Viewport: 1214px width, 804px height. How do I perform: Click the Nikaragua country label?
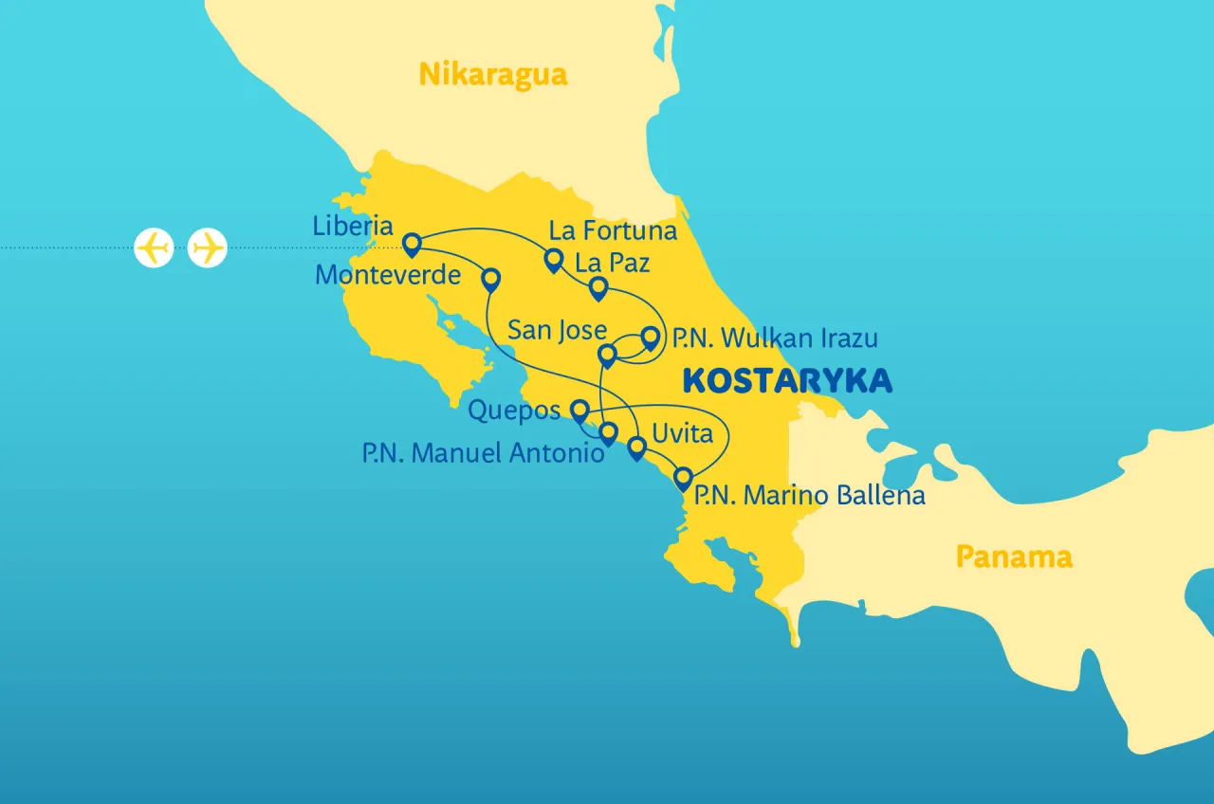click(493, 74)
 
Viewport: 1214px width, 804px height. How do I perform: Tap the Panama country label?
click(1013, 557)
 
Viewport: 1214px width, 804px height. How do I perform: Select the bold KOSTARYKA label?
click(787, 380)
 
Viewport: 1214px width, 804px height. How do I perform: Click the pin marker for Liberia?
click(412, 245)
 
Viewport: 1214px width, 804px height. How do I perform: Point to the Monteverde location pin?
click(490, 278)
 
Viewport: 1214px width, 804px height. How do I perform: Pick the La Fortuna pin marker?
click(553, 259)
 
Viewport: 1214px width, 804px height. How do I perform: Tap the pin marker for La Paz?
click(598, 287)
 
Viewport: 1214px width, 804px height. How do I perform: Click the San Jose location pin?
click(608, 356)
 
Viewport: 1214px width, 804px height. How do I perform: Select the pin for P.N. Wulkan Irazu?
click(651, 338)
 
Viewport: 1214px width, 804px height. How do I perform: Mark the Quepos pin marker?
click(579, 410)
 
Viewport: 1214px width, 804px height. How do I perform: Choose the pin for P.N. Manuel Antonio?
click(608, 433)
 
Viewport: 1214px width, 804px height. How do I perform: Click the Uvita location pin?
click(637, 447)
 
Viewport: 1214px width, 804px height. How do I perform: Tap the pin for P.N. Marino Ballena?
click(682, 477)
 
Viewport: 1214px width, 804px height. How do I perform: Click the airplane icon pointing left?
click(154, 248)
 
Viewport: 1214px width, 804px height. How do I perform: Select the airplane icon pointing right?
click(207, 248)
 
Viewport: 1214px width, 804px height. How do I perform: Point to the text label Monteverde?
click(388, 275)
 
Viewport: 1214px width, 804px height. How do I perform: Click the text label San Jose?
click(557, 330)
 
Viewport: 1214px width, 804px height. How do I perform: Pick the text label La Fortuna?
click(614, 230)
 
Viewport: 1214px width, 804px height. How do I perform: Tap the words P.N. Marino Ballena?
click(809, 495)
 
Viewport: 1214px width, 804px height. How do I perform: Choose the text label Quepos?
click(515, 411)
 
